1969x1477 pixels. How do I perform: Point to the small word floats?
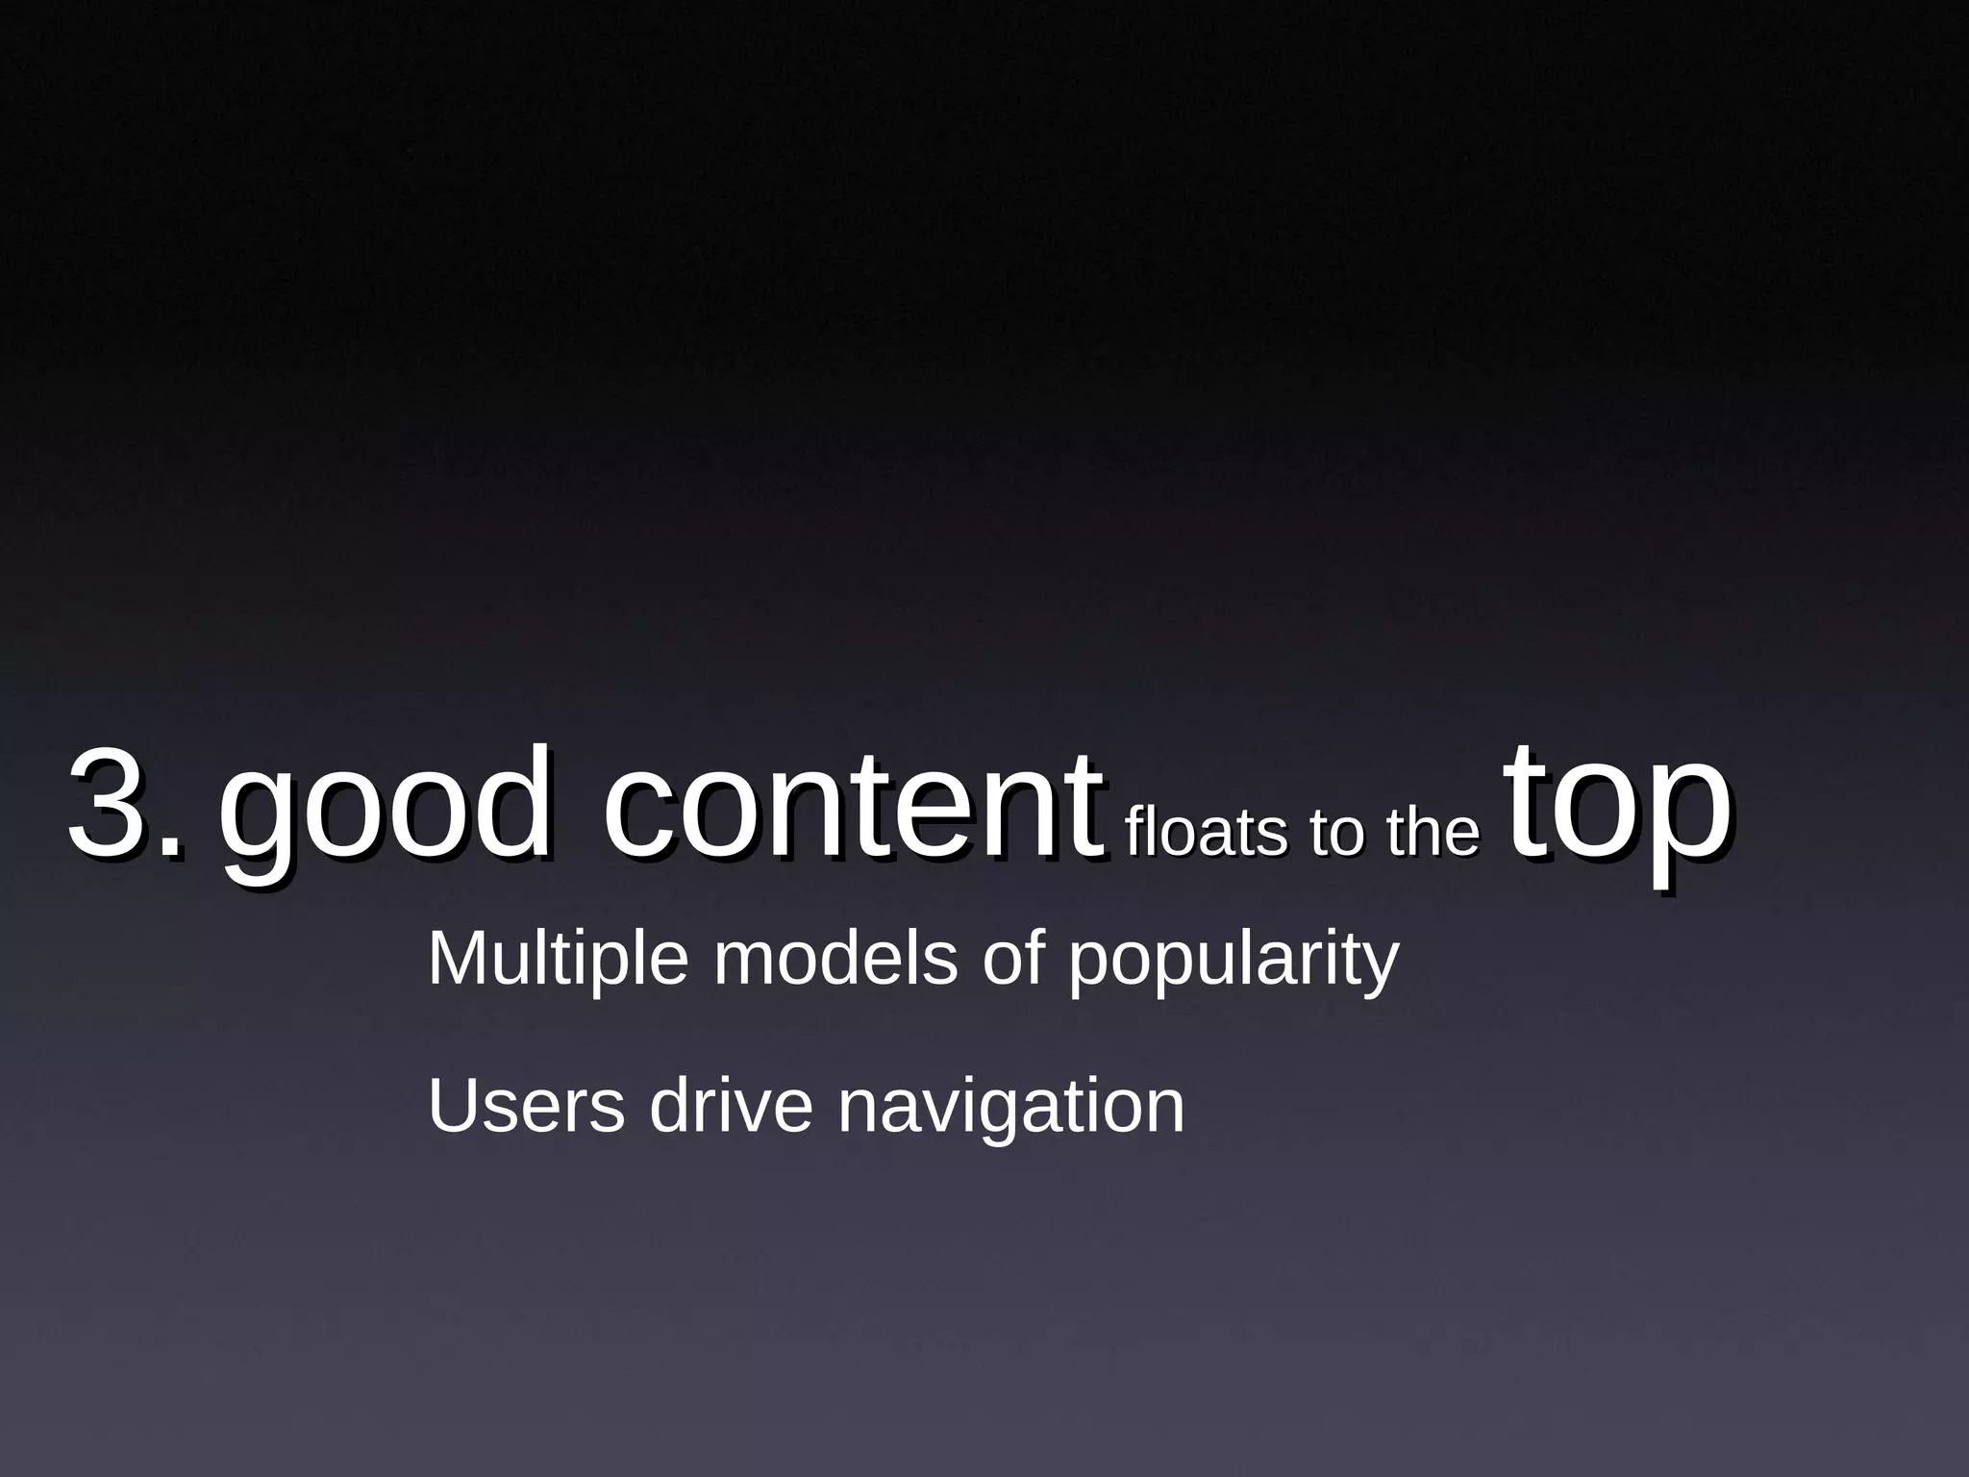pyautogui.click(x=1203, y=832)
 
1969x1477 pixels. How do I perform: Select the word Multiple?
pyautogui.click(x=558, y=960)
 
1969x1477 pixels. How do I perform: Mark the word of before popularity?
pyautogui.click(x=1012, y=960)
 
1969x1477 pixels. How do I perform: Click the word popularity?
pyautogui.click(x=1234, y=962)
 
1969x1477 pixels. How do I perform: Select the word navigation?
pyautogui.click(x=1010, y=1109)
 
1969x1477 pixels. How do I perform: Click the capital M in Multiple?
pyautogui.click(x=458, y=958)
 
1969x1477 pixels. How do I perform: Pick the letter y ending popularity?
pyautogui.click(x=1380, y=969)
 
